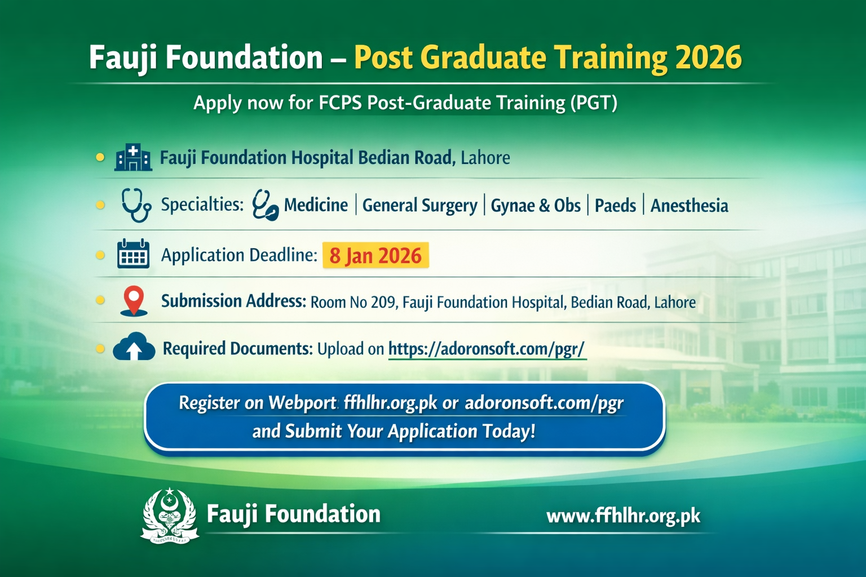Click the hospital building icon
pyautogui.click(x=133, y=157)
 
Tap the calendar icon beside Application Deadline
pyautogui.click(x=133, y=254)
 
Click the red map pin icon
pyautogui.click(x=134, y=301)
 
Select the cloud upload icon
pyautogui.click(x=134, y=347)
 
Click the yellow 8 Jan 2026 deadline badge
pyautogui.click(x=375, y=255)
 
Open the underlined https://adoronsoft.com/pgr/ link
pyautogui.click(x=487, y=349)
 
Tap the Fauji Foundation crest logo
pyautogui.click(x=169, y=515)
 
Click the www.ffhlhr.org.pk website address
pyautogui.click(x=623, y=516)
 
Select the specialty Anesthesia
pyautogui.click(x=690, y=206)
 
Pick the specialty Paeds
pyautogui.click(x=615, y=206)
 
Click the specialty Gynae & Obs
pyautogui.click(x=536, y=206)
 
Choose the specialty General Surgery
pyautogui.click(x=420, y=206)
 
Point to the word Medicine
pyautogui.click(x=316, y=205)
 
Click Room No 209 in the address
pyautogui.click(x=354, y=302)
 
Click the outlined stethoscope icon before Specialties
pyautogui.click(x=136, y=205)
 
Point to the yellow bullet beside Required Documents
pyautogui.click(x=100, y=349)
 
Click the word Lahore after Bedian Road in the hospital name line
pyautogui.click(x=485, y=158)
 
